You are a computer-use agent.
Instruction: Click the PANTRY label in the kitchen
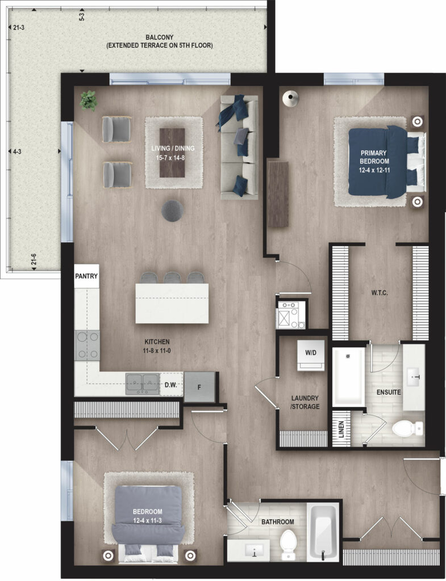86,276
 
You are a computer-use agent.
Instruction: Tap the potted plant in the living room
89,100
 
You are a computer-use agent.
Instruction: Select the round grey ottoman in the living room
173,211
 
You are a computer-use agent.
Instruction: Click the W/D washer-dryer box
311,355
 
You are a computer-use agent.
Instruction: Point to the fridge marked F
199,387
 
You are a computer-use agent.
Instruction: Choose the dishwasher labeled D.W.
170,385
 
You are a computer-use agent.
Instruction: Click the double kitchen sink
143,384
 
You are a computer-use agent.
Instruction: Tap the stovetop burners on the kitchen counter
87,346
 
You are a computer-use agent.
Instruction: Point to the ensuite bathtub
348,377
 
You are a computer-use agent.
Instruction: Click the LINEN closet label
341,429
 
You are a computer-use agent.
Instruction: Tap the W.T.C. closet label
380,293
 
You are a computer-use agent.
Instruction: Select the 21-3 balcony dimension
19,27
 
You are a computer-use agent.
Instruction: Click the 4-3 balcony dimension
17,151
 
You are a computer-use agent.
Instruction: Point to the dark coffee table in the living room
172,153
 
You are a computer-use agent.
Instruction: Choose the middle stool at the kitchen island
172,278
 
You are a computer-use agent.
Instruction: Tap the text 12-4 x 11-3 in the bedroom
147,521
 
